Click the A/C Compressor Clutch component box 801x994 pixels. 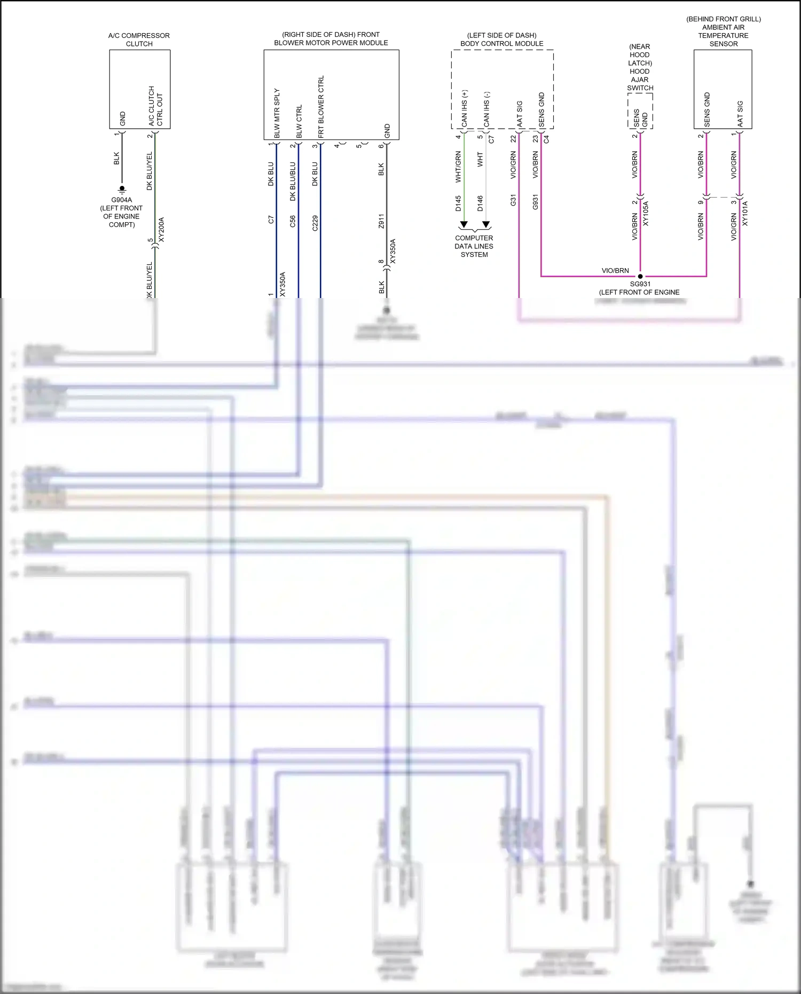click(139, 89)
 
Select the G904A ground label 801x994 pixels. click(121, 200)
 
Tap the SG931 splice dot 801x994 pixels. click(640, 277)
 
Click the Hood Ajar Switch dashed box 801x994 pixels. click(640, 111)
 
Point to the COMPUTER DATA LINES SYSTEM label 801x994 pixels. click(474, 246)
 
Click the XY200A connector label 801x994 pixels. click(162, 229)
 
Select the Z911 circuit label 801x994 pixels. click(381, 221)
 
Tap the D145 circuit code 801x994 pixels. click(458, 204)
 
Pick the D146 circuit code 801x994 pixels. click(480, 204)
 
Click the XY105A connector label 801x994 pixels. click(646, 214)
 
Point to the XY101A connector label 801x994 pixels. click(745, 214)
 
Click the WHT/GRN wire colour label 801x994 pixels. click(458, 167)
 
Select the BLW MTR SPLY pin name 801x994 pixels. click(277, 113)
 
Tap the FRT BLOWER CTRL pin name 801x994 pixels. click(321, 107)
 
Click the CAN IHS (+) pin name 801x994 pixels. click(465, 108)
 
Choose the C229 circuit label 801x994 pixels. click(315, 223)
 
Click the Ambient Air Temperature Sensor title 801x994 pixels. click(724, 32)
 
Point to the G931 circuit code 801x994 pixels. click(535, 202)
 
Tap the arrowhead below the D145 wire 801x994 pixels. click(464, 224)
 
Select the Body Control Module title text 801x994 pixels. click(502, 40)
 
